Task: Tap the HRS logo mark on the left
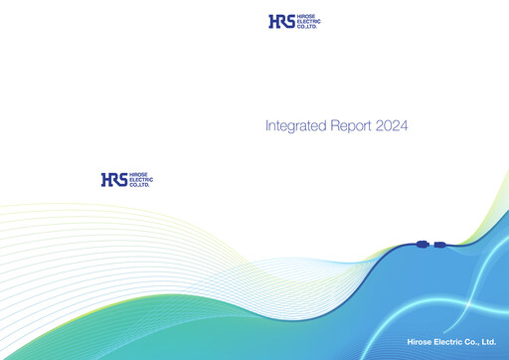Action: coord(113,180)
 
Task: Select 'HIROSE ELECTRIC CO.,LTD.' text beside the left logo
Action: coord(140,180)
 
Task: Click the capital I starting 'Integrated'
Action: coord(267,126)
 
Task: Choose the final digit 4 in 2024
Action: coord(406,126)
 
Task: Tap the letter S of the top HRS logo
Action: coord(288,21)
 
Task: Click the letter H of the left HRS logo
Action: coord(105,180)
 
